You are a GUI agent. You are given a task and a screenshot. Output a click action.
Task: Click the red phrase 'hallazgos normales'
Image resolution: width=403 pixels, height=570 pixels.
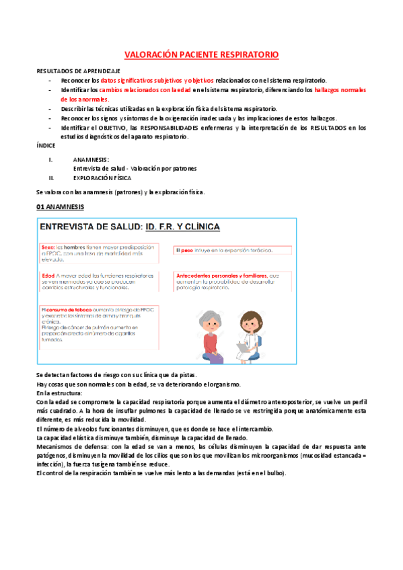[x=340, y=89]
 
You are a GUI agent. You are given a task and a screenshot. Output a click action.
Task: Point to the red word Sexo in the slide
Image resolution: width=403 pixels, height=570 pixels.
[x=48, y=247]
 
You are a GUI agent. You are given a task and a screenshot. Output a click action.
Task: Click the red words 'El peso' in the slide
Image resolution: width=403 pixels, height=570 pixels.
[x=186, y=251]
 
